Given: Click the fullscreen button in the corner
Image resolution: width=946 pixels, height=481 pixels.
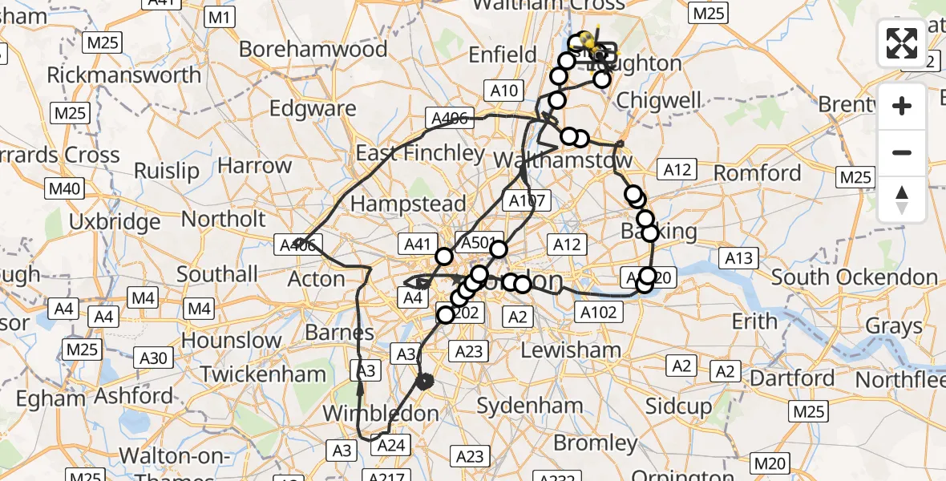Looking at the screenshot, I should [902, 42].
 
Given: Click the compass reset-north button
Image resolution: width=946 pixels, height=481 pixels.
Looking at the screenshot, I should [902, 200].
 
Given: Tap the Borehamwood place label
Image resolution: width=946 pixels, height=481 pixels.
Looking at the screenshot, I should [313, 49].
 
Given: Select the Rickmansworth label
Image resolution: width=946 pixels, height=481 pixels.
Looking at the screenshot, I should [124, 75].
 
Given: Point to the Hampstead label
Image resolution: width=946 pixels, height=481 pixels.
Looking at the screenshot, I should [408, 204].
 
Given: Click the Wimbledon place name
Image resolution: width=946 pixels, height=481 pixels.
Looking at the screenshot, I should [381, 414].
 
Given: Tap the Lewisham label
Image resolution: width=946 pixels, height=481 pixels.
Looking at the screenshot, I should [571, 350].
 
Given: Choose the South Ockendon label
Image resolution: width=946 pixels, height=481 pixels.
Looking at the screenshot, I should [855, 278].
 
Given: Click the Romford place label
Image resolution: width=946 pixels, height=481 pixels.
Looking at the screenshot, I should [758, 173].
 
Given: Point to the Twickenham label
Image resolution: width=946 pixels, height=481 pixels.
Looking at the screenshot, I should [263, 374].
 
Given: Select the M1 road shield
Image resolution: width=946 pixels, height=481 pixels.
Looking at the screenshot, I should [220, 17].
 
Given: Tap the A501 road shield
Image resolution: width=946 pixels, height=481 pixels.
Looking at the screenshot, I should [476, 242].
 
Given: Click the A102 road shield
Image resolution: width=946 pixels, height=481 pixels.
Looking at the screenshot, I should [598, 312].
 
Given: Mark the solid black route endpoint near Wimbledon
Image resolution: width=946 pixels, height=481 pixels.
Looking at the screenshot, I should [425, 381].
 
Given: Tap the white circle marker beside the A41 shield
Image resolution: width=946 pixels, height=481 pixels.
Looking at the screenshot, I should [444, 257].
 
